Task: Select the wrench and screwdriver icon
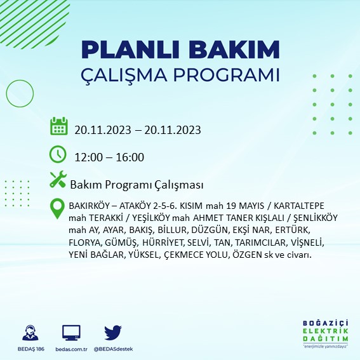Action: (x=58, y=180)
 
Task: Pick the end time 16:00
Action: (x=130, y=157)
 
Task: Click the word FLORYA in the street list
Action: (x=84, y=242)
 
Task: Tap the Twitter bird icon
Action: (x=112, y=333)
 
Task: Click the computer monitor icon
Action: (x=71, y=333)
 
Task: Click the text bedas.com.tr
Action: (x=70, y=349)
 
